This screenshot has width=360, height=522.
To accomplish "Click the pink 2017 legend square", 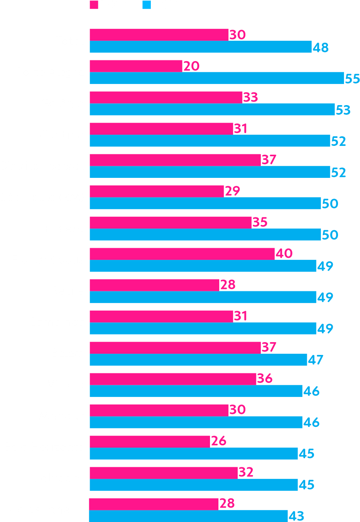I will (x=94, y=5).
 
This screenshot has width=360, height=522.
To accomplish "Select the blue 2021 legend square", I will (x=147, y=5).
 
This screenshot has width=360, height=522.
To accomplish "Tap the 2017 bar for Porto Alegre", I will (x=136, y=66).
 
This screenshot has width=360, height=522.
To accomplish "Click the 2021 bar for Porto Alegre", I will (x=216, y=78).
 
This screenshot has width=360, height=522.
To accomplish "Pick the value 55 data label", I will (x=352, y=79).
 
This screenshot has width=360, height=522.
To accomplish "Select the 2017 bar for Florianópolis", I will (x=182, y=253).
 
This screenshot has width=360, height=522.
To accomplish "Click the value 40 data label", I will (x=284, y=253).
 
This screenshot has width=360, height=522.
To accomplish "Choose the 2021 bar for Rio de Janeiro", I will (x=188, y=516).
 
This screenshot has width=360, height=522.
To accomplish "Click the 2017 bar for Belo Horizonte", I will (x=150, y=441).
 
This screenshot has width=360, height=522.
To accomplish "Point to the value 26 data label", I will (x=218, y=441).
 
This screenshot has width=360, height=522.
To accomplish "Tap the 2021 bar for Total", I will (x=200, y=47).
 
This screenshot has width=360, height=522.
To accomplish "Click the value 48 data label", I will (x=320, y=48).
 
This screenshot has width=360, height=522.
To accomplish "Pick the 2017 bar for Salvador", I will (x=164, y=472).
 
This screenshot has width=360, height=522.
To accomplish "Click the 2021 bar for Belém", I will (x=198, y=360).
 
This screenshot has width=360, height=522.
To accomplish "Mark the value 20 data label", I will (x=191, y=66).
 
